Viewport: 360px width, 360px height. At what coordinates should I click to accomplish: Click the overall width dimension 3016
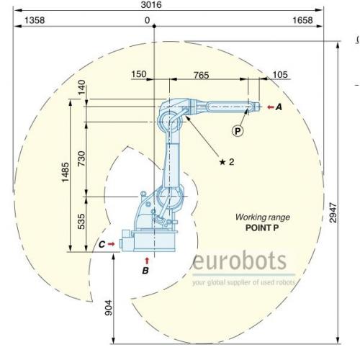click(151, 5)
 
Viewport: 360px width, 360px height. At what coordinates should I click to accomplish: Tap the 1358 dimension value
click(35, 20)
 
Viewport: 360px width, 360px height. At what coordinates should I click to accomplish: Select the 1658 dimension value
click(302, 20)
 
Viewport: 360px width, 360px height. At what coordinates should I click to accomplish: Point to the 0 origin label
click(148, 20)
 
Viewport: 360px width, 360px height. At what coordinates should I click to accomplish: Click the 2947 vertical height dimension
click(333, 212)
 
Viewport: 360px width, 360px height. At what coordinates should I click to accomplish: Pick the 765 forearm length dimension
click(202, 76)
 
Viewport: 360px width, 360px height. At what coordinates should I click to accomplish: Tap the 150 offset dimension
click(139, 74)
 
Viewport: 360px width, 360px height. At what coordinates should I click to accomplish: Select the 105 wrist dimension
click(280, 75)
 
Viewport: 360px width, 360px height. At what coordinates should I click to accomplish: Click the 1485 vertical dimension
click(66, 172)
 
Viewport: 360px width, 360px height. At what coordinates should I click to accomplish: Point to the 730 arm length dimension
click(81, 158)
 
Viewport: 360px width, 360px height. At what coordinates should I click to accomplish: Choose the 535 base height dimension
click(81, 222)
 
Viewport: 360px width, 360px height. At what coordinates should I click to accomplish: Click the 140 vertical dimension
click(81, 87)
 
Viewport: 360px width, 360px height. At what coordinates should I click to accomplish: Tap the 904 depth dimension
click(109, 307)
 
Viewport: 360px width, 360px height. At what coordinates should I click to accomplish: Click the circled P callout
click(238, 131)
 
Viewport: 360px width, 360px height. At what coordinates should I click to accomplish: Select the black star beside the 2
click(222, 162)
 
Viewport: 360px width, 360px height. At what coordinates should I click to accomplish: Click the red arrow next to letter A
click(271, 107)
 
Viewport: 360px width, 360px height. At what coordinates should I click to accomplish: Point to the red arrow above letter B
click(147, 261)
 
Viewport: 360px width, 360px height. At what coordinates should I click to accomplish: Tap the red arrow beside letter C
click(111, 244)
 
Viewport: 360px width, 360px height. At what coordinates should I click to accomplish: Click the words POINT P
click(262, 228)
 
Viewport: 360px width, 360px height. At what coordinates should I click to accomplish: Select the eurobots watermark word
click(239, 260)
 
